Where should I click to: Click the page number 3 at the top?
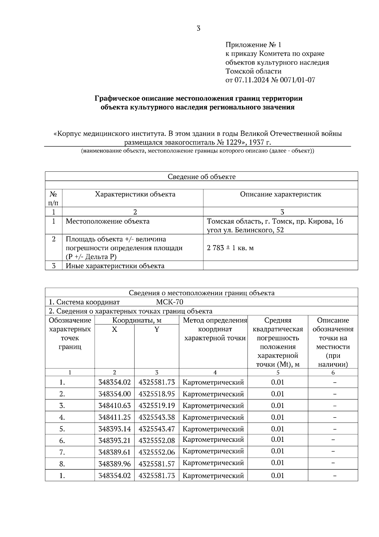[198, 28]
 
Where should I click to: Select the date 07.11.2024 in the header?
[251, 80]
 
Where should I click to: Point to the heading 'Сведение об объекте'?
[202, 176]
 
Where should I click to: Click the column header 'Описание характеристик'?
[280, 194]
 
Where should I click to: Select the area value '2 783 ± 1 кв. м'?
[230, 248]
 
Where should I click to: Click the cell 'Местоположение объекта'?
[107, 221]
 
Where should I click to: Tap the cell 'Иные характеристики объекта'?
[115, 266]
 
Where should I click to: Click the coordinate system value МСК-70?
[170, 302]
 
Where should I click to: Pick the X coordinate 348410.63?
[114, 406]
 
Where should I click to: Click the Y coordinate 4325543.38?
[157, 417]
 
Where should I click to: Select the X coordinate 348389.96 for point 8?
[114, 464]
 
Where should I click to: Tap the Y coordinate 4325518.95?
[157, 394]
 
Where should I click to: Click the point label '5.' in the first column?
[62, 429]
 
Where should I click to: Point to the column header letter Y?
[157, 330]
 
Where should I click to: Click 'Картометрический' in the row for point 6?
[213, 440]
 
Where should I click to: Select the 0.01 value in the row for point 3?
[278, 406]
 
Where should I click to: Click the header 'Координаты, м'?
[137, 320]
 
